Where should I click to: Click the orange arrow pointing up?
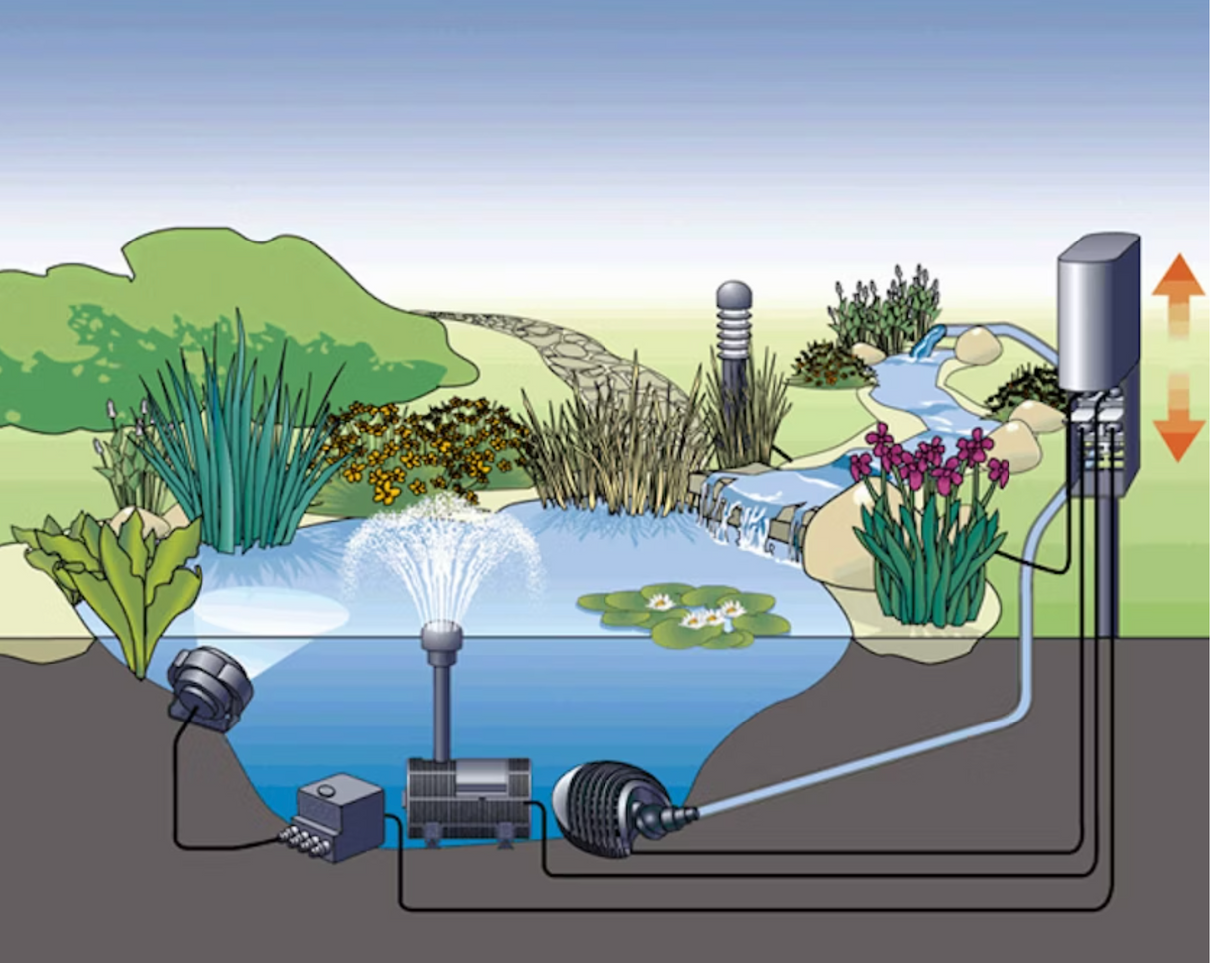1177,290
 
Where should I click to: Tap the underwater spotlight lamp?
207,685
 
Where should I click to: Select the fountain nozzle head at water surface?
440,636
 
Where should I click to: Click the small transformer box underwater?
340,813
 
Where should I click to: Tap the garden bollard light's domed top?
733,295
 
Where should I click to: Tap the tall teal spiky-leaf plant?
239,449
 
